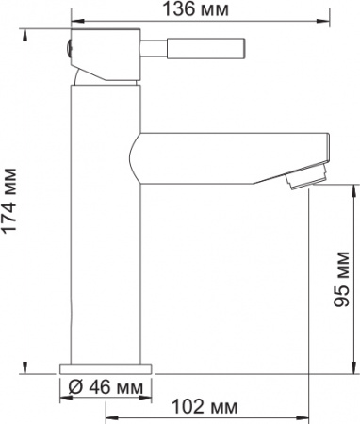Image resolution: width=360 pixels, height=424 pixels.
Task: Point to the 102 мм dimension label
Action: pyautogui.click(x=205, y=406)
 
